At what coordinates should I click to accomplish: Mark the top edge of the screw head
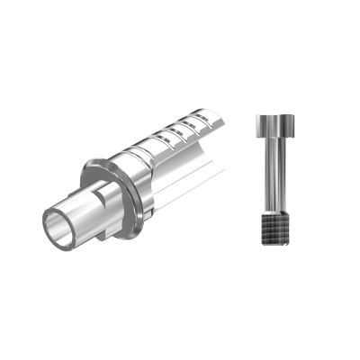click(x=271, y=115)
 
